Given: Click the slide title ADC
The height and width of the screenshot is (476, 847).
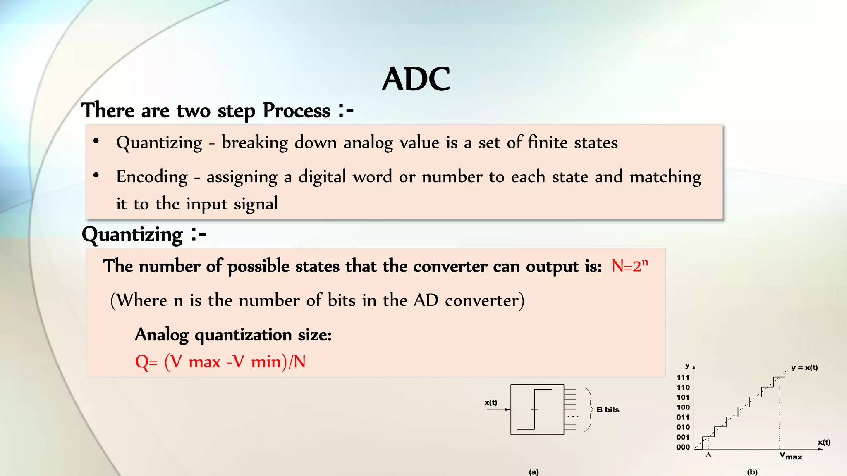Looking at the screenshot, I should pyautogui.click(x=416, y=79).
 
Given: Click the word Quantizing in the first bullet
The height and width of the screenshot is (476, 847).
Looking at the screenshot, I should pyautogui.click(x=159, y=143).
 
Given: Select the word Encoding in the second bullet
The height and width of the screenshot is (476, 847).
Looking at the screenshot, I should pyautogui.click(x=152, y=177).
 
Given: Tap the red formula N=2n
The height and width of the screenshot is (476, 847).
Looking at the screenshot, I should pyautogui.click(x=629, y=266).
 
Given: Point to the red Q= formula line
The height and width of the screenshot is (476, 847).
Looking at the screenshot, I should pyautogui.click(x=220, y=362).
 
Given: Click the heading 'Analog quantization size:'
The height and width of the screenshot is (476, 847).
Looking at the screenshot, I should pyautogui.click(x=233, y=335).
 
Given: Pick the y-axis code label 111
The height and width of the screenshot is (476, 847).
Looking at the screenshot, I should pyautogui.click(x=683, y=377).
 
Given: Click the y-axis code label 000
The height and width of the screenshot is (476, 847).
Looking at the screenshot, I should pyautogui.click(x=683, y=447).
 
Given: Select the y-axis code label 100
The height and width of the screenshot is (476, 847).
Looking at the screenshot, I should pyautogui.click(x=683, y=407).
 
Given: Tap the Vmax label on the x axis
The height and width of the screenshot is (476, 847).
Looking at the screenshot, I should pyautogui.click(x=790, y=456).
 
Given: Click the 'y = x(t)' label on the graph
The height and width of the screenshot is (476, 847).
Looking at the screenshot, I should pyautogui.click(x=804, y=367).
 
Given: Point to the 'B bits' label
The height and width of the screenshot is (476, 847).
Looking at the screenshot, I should pyautogui.click(x=608, y=409).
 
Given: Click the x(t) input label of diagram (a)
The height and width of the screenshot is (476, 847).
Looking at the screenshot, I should pyautogui.click(x=491, y=402).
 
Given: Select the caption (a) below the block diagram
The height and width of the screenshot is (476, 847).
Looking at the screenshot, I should pyautogui.click(x=534, y=472).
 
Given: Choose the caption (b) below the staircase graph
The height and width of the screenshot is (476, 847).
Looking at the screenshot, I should pyautogui.click(x=752, y=472).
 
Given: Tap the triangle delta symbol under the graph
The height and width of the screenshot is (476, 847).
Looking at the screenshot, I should pyautogui.click(x=708, y=455).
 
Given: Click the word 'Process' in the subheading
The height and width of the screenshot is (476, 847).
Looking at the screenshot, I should pyautogui.click(x=297, y=111).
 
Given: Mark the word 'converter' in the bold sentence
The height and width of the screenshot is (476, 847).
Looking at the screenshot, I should pyautogui.click(x=450, y=266).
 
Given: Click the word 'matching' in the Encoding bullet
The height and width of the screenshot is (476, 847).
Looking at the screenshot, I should pyautogui.click(x=665, y=177).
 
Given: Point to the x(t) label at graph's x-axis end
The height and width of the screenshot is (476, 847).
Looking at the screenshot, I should pyautogui.click(x=824, y=442).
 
